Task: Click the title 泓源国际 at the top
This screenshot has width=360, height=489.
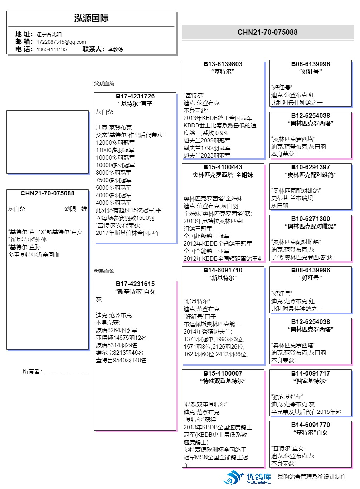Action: click(91, 19)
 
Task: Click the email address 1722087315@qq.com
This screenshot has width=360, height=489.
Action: click(61, 42)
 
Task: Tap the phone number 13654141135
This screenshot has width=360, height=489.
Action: click(52, 49)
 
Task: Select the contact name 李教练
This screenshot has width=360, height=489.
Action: click(116, 49)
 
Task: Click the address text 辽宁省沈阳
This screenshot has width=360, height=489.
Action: click(49, 34)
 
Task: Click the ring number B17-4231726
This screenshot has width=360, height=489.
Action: click(135, 96)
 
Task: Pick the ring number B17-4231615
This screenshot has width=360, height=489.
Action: click(135, 284)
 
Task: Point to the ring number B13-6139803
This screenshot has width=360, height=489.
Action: click(223, 64)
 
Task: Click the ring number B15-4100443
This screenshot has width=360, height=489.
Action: click(223, 167)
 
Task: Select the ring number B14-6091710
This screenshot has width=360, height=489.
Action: click(223, 270)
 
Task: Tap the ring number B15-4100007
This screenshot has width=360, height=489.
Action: click(223, 373)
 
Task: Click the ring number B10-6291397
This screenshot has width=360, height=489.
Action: click(311, 167)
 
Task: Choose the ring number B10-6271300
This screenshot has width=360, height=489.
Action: click(311, 219)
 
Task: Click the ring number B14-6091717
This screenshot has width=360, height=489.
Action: click(311, 373)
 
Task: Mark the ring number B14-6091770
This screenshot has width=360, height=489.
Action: click(311, 425)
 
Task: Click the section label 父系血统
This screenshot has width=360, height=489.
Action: click(104, 83)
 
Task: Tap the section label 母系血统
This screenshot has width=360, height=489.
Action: click(104, 271)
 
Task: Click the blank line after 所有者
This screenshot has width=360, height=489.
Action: click(66, 372)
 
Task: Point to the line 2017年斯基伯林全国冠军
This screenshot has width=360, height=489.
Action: click(128, 233)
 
